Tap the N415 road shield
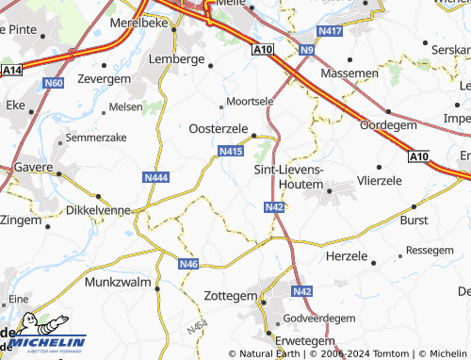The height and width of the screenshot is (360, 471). click(x=231, y=151)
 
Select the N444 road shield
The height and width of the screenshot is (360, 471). click(x=156, y=177)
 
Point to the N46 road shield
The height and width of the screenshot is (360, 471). click(x=188, y=265)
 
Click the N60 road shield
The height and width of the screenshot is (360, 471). click(x=54, y=84)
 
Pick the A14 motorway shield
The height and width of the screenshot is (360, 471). click(x=12, y=70)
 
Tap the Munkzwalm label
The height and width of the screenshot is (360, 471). click(x=119, y=283)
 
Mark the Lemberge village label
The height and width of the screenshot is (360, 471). click(x=177, y=59)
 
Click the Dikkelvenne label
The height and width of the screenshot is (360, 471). click(x=98, y=212)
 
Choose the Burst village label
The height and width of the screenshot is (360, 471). click(x=414, y=219)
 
